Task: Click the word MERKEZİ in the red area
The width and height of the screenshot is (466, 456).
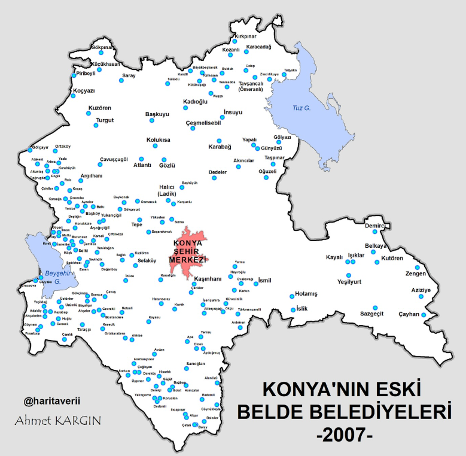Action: coord(187,260)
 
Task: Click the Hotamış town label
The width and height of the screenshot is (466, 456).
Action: coord(307,294)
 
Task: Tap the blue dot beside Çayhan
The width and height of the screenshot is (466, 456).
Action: coord(424,315)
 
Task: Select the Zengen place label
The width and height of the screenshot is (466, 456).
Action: coord(416,274)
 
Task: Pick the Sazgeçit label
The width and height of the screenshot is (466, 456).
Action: coord(371,314)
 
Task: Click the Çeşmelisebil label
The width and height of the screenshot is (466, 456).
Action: coord(203,123)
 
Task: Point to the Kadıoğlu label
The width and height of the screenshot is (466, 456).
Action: coord(195,102)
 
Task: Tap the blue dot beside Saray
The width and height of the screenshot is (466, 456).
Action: coord(121,81)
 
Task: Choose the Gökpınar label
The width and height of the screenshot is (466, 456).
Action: coord(102,47)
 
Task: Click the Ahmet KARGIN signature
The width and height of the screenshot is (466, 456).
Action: coord(58,419)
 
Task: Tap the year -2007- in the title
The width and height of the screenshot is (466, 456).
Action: coord(344,434)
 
